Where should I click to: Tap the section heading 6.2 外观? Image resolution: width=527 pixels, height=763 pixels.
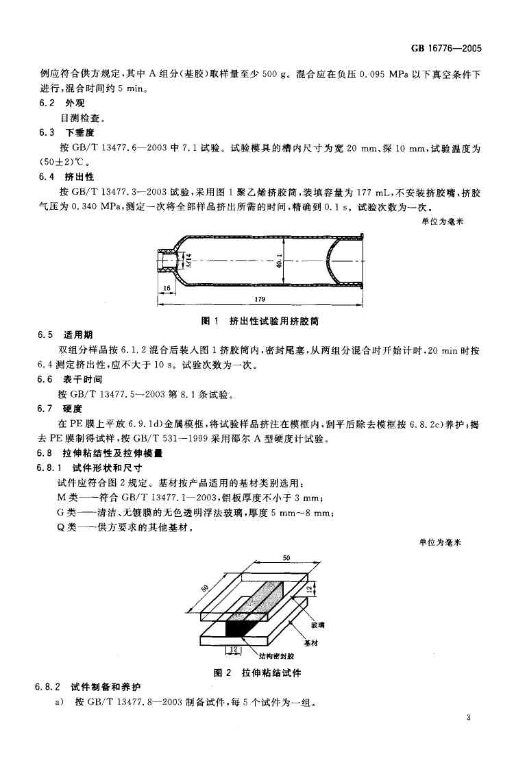coord(60,103)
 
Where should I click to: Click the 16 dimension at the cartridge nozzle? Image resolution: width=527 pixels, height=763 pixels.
coord(167,289)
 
